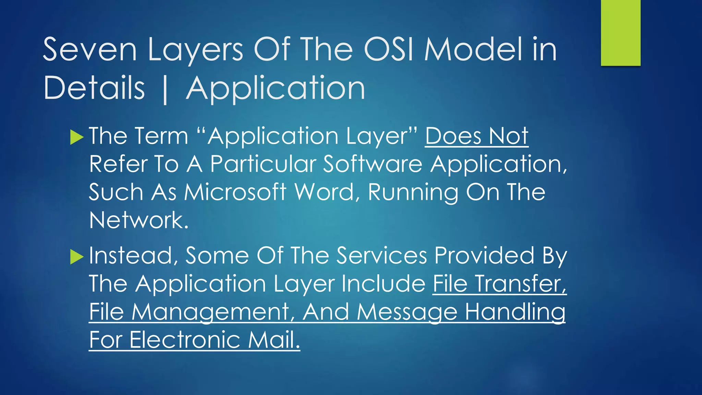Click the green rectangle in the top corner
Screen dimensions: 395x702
[620, 33]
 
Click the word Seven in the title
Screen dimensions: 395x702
[90, 50]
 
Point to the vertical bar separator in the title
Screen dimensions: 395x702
[165, 89]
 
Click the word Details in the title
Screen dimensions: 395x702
[94, 88]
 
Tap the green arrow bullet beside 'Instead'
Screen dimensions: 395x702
[76, 257]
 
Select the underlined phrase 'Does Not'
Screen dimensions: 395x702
[476, 136]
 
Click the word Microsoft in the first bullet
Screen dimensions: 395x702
[235, 192]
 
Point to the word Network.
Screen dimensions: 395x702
[138, 220]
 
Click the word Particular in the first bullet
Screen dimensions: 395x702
[263, 164]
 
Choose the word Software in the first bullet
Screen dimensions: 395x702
[373, 164]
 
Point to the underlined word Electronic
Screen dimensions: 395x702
[185, 340]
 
